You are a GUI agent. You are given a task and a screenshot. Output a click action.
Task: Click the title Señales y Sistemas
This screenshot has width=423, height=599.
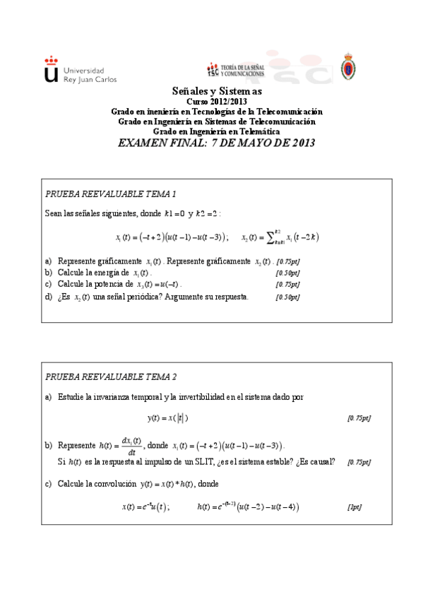click(217, 92)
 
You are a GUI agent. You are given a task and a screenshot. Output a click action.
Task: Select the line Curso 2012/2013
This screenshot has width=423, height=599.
click(217, 102)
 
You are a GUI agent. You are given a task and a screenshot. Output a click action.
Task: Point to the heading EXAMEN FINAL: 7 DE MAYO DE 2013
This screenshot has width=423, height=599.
click(217, 143)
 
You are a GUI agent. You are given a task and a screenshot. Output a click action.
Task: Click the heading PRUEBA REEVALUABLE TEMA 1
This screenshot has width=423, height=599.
click(111, 194)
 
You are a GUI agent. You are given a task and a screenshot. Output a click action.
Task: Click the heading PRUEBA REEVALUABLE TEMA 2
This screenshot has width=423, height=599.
click(111, 376)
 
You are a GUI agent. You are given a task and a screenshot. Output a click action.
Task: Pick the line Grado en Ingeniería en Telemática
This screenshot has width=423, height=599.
click(217, 131)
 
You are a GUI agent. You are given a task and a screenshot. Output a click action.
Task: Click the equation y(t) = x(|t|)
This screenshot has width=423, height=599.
click(168, 418)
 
